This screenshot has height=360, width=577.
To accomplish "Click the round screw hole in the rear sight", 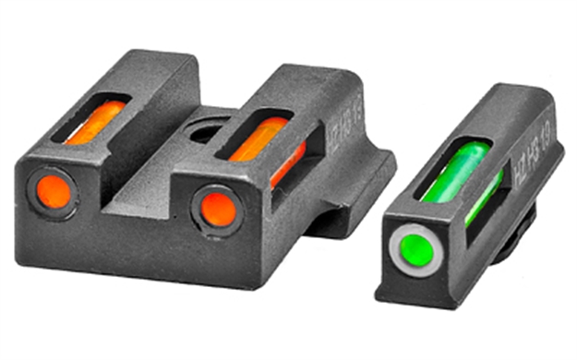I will [204, 132].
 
